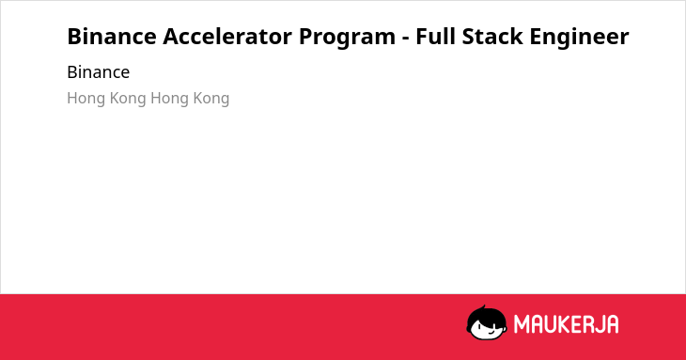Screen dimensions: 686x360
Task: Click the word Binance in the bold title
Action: tap(112, 37)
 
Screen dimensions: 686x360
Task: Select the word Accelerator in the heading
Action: tap(227, 37)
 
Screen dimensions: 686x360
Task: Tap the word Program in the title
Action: tap(347, 38)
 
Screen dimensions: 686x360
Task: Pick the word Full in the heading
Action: tap(435, 36)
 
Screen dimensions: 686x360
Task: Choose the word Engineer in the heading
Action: tap(579, 38)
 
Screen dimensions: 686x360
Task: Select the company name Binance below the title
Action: tap(99, 72)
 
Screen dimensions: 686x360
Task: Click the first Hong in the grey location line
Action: tap(86, 99)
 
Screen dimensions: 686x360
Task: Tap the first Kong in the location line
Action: tap(128, 99)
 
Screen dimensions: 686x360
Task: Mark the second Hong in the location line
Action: tap(170, 99)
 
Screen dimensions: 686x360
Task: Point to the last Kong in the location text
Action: tap(211, 99)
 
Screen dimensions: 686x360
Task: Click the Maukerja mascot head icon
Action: tap(487, 322)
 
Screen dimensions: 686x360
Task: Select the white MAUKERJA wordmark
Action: tap(566, 324)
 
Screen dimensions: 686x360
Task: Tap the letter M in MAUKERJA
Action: tap(521, 324)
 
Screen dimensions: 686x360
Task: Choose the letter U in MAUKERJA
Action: tap(549, 324)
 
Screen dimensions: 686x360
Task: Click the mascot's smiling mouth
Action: tap(491, 332)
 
